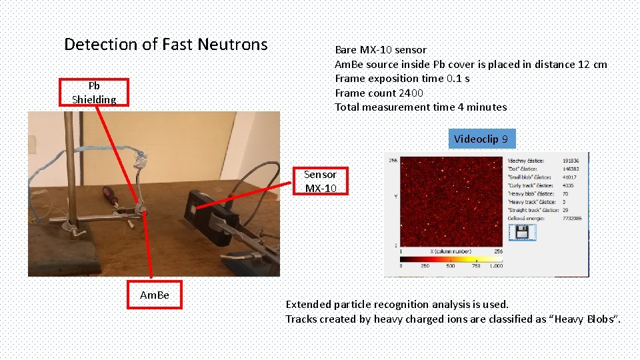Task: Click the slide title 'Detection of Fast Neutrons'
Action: click(165, 45)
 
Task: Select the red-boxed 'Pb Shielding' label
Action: click(94, 93)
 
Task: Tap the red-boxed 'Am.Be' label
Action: click(155, 295)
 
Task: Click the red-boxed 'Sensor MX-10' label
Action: click(321, 181)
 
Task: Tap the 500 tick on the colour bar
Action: click(451, 265)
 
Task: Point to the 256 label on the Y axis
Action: click(393, 160)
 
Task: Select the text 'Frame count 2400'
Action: click(379, 93)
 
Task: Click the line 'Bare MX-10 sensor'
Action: click(380, 50)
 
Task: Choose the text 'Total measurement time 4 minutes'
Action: click(420, 107)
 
